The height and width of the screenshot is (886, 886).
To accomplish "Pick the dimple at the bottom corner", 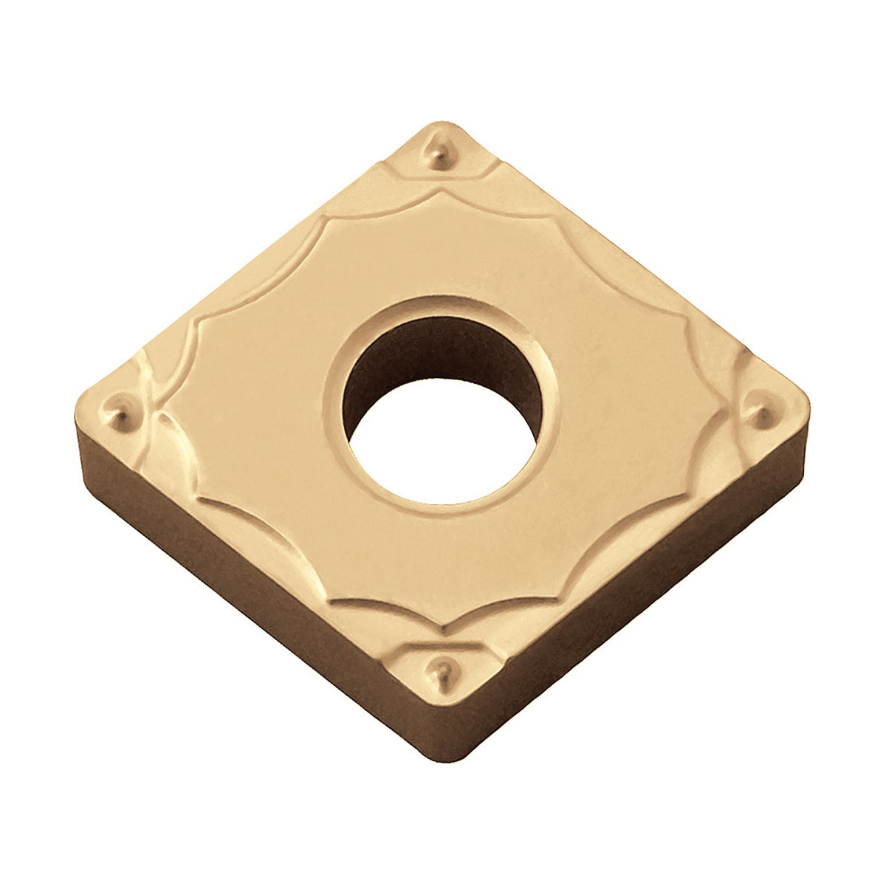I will pos(442,668).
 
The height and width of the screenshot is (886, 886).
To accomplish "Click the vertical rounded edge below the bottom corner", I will pos(442,746).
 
